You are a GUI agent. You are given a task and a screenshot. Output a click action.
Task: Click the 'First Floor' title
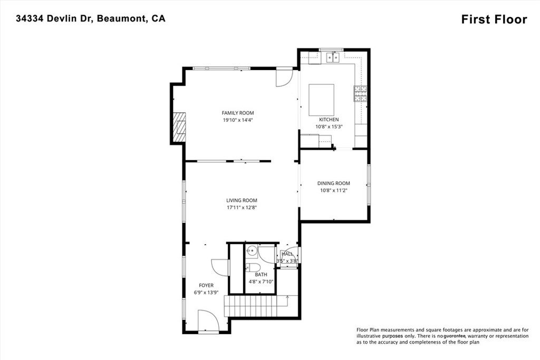[x=494, y=20]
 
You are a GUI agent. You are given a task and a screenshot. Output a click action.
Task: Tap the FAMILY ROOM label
[x=237, y=113]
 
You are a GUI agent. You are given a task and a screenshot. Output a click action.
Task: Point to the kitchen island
[x=321, y=100]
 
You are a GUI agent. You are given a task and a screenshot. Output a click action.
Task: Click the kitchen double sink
[x=332, y=56]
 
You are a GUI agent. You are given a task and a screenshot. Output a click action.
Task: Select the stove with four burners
[x=360, y=94]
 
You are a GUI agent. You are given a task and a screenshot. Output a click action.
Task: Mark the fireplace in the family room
[x=180, y=127]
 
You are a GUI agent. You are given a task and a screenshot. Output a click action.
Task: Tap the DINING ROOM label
[x=333, y=183]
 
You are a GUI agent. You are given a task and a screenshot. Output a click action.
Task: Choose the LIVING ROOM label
[x=242, y=200]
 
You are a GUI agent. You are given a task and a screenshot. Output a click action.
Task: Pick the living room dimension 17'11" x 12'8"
[x=242, y=207]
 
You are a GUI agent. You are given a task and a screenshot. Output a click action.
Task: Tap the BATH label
[x=261, y=275]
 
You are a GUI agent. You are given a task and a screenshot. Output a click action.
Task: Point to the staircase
[x=256, y=306]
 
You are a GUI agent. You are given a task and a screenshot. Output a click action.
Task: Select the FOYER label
[x=206, y=285]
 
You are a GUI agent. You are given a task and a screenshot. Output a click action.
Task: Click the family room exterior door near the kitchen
[x=284, y=77]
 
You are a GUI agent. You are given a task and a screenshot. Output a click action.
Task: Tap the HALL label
[x=287, y=254]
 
